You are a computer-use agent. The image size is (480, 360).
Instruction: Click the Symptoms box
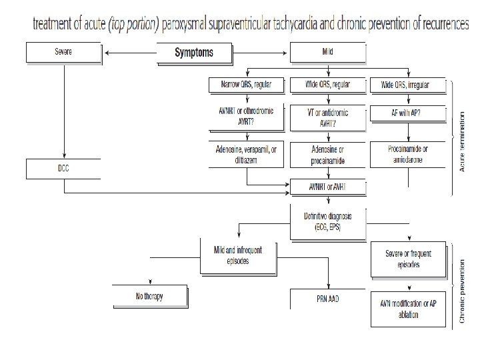click(194, 53)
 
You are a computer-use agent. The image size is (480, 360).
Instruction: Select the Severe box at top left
click(63, 51)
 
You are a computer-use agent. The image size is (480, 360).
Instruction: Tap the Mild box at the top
click(328, 51)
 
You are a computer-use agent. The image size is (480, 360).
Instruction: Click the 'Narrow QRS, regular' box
click(246, 85)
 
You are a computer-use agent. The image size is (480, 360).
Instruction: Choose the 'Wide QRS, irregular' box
click(405, 85)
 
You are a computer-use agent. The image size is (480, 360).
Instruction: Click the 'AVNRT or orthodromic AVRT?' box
click(246, 117)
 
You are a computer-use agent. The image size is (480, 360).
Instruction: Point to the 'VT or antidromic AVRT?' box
click(328, 117)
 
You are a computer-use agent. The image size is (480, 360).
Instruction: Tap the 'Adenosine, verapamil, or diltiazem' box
click(246, 155)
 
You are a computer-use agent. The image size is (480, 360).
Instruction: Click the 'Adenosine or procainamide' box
click(328, 155)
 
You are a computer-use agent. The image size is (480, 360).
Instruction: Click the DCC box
click(63, 169)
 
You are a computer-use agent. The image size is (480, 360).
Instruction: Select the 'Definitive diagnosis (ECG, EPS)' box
click(328, 221)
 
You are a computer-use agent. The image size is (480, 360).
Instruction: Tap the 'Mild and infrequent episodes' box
click(238, 255)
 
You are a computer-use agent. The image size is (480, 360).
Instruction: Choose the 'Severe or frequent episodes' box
click(407, 260)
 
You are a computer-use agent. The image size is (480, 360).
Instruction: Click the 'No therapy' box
click(149, 296)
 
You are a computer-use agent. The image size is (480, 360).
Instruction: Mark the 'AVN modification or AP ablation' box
click(407, 309)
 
